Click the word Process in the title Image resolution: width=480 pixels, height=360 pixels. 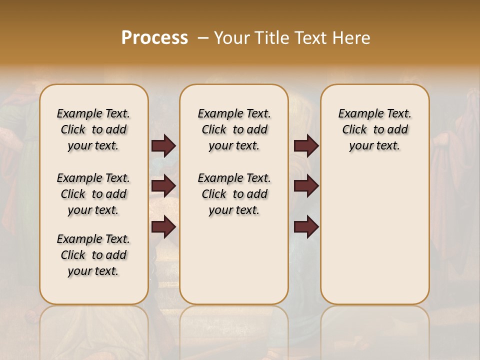(154, 37)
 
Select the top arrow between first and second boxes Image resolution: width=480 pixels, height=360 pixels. (163, 145)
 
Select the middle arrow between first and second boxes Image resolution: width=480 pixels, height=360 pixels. (163, 186)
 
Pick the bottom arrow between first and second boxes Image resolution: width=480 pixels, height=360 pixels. (163, 226)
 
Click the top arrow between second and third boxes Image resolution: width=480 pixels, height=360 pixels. (306, 145)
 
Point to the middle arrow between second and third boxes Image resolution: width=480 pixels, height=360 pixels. (306, 186)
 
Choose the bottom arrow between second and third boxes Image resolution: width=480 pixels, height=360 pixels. (306, 226)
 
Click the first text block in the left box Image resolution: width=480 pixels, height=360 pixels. (93, 129)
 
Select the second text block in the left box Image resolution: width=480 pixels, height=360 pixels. (93, 194)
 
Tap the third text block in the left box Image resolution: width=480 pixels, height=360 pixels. (93, 255)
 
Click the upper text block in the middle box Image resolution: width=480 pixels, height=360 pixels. (234, 129)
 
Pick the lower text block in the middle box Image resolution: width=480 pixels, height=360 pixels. (234, 194)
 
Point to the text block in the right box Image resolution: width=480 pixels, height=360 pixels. (374, 129)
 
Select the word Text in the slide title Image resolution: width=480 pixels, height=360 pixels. (310, 37)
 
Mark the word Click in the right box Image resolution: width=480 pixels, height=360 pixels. (354, 129)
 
